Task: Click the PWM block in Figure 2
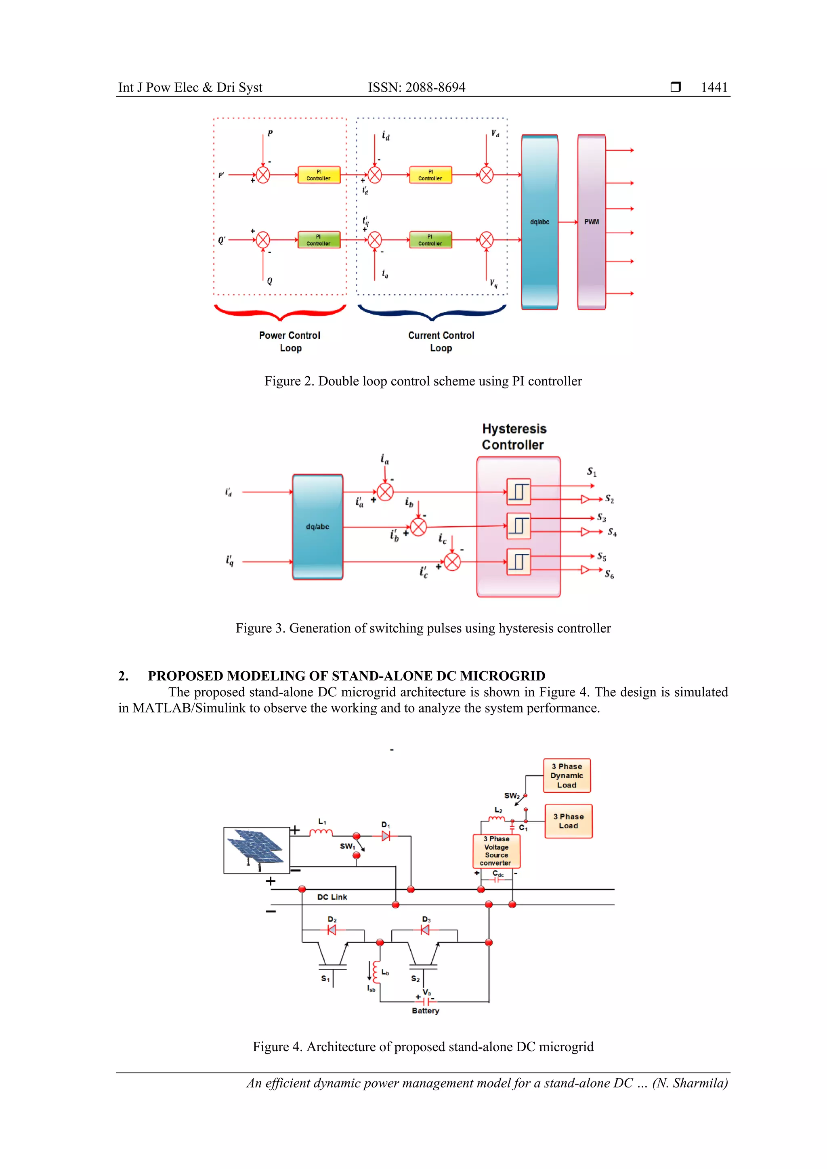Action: click(591, 222)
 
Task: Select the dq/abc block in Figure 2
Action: click(539, 222)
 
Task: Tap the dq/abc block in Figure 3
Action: click(317, 526)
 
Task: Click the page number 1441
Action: click(714, 87)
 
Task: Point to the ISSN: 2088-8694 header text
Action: click(417, 87)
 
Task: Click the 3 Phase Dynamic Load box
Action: click(567, 775)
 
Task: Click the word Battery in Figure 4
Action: click(425, 1011)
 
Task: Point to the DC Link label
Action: click(332, 897)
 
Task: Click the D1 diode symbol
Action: click(386, 836)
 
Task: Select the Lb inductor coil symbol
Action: click(376, 972)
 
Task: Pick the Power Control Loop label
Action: click(290, 341)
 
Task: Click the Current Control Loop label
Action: click(441, 341)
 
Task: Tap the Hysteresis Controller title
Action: click(514, 436)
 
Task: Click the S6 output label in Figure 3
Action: click(609, 574)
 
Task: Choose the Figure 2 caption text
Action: click(423, 381)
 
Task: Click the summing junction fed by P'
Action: click(263, 175)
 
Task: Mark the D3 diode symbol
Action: click(425, 930)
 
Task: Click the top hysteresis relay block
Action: click(518, 492)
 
